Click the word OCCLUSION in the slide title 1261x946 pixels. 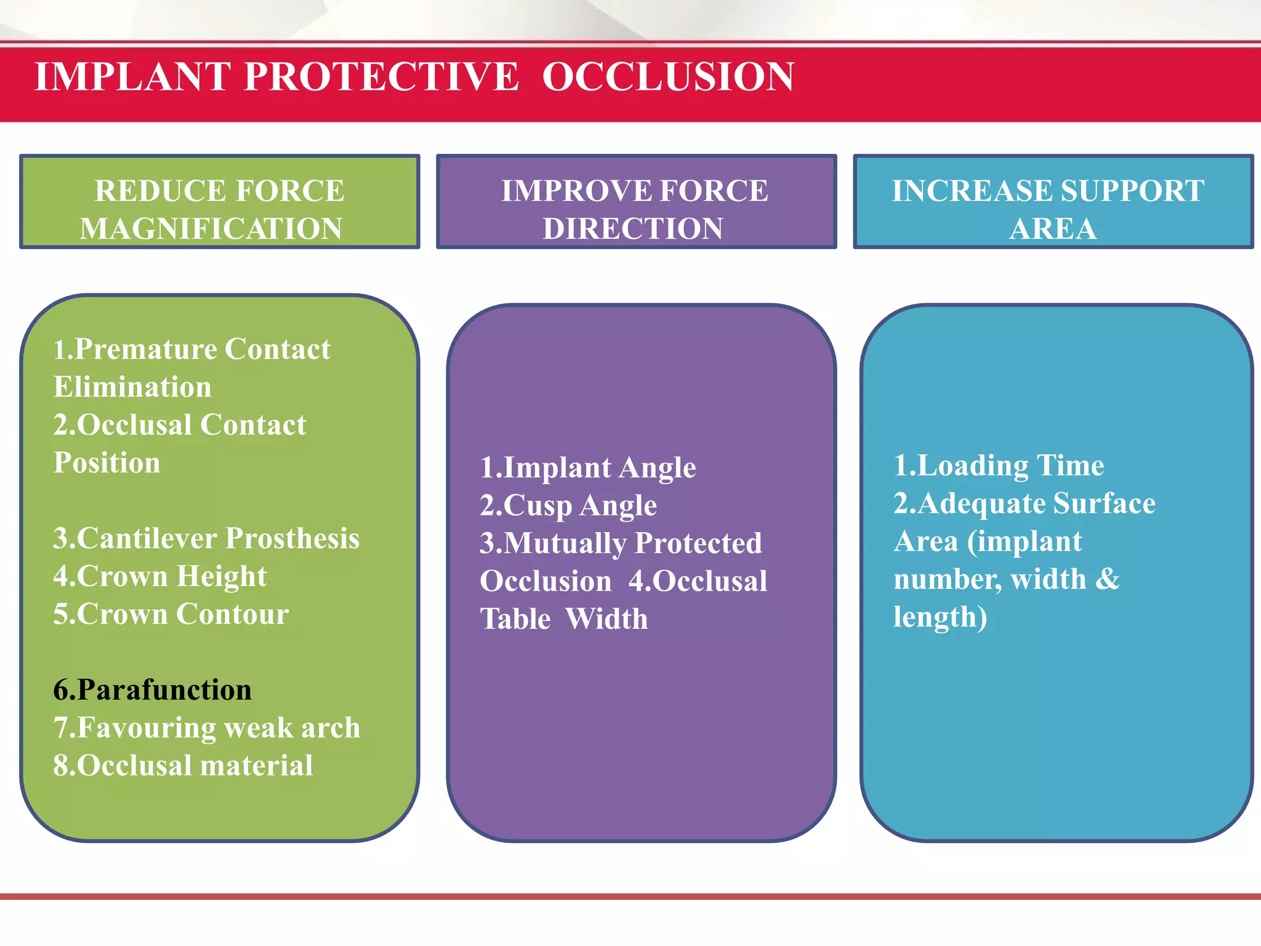coord(668,77)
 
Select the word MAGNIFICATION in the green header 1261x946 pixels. coord(211,228)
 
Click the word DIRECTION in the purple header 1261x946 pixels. coord(633,228)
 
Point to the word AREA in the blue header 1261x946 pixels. coord(1053,228)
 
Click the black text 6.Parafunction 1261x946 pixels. coord(153,690)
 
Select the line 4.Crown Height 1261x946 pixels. coord(160,576)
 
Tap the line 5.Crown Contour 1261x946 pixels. coord(171,614)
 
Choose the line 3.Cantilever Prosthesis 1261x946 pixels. coord(206,538)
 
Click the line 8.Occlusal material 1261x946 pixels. coord(183,766)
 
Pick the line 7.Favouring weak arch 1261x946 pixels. coord(206,728)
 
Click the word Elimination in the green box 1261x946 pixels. coord(132,387)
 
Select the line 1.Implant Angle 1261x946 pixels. coord(588,467)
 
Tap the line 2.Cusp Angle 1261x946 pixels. coord(568,506)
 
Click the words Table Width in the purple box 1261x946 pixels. coord(564,619)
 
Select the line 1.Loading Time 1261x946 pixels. coord(999,466)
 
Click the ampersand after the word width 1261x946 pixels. coord(1108,579)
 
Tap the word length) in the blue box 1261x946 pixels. coord(940,617)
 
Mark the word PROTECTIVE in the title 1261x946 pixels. coord(382,77)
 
